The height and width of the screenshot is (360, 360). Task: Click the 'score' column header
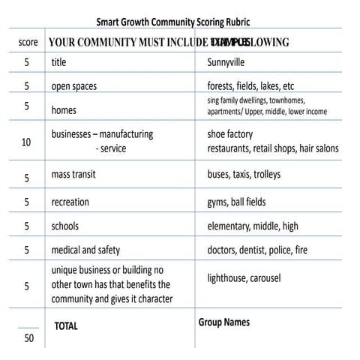point(28,42)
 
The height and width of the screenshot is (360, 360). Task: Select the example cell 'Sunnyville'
point(226,62)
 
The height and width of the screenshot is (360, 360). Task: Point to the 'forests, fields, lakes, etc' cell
point(250,86)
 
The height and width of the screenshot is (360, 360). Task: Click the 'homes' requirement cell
point(64,110)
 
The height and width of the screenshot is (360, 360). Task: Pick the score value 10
point(26,142)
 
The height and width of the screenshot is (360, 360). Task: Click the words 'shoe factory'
point(230,134)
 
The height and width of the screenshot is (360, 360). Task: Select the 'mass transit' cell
point(73,174)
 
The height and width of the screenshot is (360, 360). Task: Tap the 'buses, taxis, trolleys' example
point(244,174)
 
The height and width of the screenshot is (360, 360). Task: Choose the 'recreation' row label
point(70,202)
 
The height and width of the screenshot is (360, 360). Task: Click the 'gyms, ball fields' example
point(236,202)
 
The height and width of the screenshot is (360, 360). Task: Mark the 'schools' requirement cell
point(64,226)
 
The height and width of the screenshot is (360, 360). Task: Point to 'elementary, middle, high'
point(252,226)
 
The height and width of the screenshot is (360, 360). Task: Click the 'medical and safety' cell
point(85,250)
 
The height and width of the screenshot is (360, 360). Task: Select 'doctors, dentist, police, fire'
point(257,250)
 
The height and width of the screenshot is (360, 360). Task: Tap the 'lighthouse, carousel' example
point(244,278)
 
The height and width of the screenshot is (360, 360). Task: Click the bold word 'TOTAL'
point(66,326)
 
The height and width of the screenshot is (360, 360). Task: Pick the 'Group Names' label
point(224,322)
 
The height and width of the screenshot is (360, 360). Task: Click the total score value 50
point(28,338)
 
